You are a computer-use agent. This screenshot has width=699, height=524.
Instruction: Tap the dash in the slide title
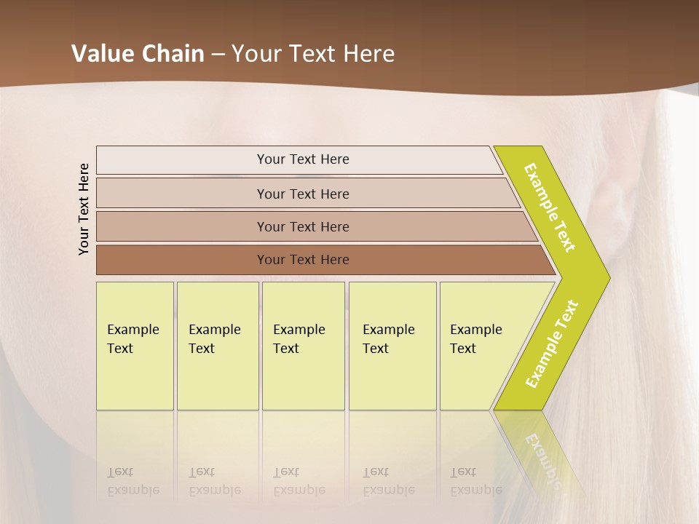[x=218, y=54]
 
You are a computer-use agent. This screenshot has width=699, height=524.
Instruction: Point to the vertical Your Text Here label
[x=84, y=209]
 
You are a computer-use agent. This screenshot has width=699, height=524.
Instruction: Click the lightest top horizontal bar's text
[x=303, y=159]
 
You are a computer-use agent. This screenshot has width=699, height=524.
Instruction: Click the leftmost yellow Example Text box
[x=135, y=346]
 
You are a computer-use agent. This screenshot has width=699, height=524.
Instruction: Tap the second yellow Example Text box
[x=218, y=346]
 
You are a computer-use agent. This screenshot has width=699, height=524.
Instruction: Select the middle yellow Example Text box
[x=303, y=346]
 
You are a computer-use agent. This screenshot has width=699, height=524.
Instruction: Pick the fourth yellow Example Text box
[x=392, y=346]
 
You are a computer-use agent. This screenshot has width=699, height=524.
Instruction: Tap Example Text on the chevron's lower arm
[x=552, y=344]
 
